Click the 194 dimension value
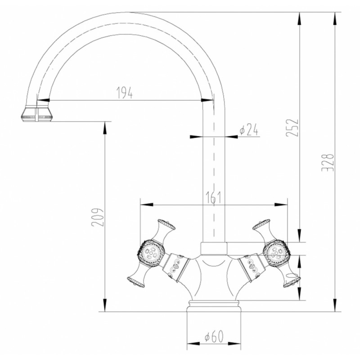(125, 93)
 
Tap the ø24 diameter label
(249, 130)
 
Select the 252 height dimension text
(292, 128)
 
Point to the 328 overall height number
(328, 162)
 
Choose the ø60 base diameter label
(214, 337)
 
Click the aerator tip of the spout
(36, 113)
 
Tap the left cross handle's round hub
(151, 253)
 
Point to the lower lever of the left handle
(137, 275)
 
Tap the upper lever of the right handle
(262, 230)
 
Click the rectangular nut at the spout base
(214, 248)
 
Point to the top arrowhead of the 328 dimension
(335, 18)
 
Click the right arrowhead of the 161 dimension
(281, 204)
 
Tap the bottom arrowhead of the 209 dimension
(105, 306)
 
